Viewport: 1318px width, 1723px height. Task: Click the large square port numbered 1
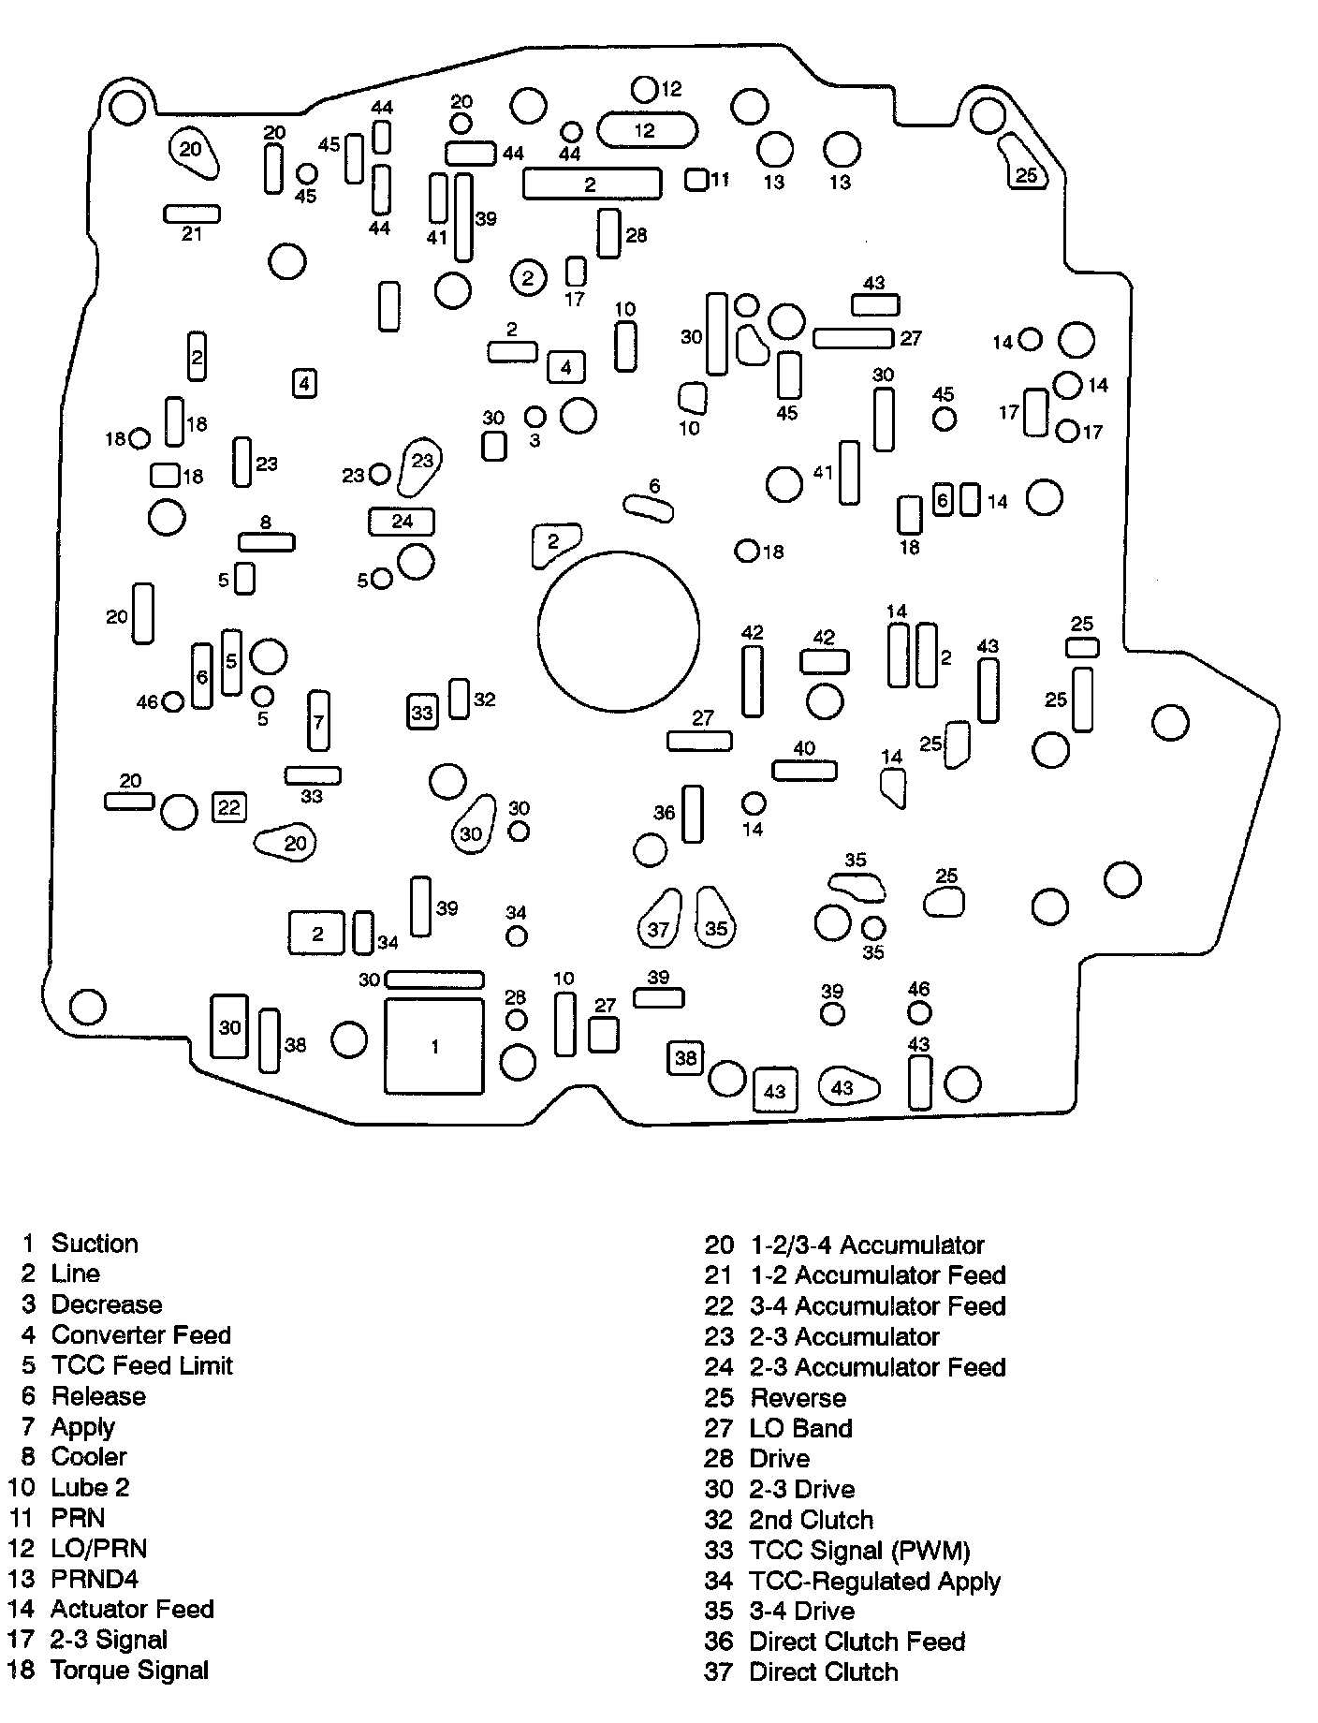tap(434, 1046)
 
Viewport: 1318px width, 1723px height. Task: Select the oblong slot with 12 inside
tap(646, 130)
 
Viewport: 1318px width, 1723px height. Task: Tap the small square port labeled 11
tap(696, 179)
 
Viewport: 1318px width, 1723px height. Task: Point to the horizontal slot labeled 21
tap(192, 214)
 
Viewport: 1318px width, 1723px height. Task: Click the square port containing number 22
tap(229, 807)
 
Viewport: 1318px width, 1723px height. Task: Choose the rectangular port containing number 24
tap(403, 521)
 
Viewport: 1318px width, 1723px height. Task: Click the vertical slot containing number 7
tap(319, 720)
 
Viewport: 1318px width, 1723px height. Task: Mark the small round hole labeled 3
tap(535, 417)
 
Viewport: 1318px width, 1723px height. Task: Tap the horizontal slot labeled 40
tap(804, 771)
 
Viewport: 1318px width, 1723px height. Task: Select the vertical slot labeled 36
tap(693, 814)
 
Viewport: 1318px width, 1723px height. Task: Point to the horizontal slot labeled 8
tap(267, 541)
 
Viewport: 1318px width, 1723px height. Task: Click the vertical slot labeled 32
tap(459, 699)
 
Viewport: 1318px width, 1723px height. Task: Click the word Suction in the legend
tap(95, 1244)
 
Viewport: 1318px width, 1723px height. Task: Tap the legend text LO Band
tap(800, 1428)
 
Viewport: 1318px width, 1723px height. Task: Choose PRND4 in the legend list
tap(95, 1579)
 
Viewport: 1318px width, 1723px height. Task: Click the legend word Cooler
tap(89, 1457)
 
